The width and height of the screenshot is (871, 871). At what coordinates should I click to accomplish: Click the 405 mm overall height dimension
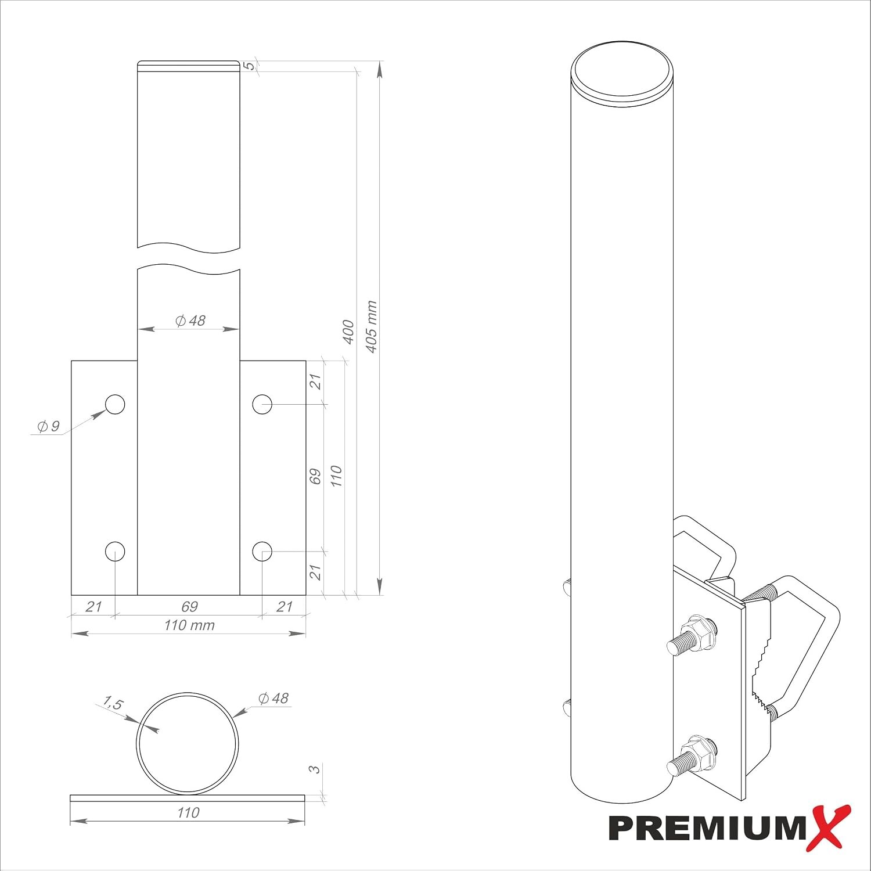point(372,326)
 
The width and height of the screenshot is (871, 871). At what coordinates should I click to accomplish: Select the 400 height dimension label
point(348,332)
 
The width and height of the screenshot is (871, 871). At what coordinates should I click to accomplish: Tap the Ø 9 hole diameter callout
point(48,426)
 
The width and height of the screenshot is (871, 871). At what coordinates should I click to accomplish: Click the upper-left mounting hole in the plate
point(115,404)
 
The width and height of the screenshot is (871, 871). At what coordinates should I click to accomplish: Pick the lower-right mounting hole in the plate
point(262,551)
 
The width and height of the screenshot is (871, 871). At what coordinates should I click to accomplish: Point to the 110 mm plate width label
point(189,625)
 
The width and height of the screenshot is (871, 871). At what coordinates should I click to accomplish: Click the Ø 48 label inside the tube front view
point(190,321)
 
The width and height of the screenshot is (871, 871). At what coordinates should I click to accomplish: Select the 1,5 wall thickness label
point(113,704)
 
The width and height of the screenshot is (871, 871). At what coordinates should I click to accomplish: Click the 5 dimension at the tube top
point(250,66)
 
